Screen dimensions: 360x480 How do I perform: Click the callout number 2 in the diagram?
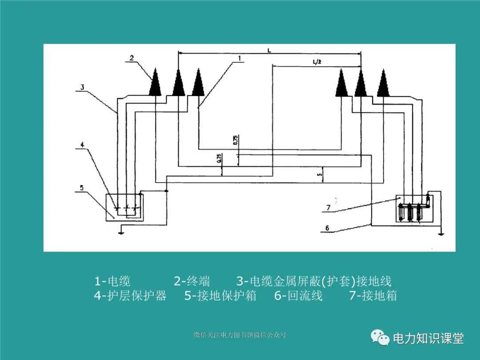pyautogui.click(x=132, y=58)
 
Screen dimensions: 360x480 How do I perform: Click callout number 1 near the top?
pyautogui.click(x=239, y=58)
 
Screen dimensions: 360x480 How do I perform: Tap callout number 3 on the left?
pyautogui.click(x=83, y=88)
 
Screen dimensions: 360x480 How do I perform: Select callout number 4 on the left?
pyautogui.click(x=83, y=144)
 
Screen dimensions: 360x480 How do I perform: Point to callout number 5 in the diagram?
pyautogui.click(x=82, y=188)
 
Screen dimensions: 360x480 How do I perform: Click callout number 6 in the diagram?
pyautogui.click(x=327, y=228)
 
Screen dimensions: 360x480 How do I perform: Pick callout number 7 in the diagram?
pyautogui.click(x=328, y=207)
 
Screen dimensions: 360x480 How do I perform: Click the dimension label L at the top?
pyautogui.click(x=269, y=51)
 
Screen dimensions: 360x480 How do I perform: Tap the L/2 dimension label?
pyautogui.click(x=317, y=63)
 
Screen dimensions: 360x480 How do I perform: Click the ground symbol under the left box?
pyautogui.click(x=121, y=230)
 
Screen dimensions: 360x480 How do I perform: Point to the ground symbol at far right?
pyautogui.click(x=440, y=232)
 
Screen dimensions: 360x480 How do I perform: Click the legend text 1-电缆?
pyautogui.click(x=112, y=281)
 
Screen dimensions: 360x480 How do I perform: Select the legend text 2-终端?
pyautogui.click(x=192, y=281)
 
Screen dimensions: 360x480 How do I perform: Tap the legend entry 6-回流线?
pyautogui.click(x=298, y=296)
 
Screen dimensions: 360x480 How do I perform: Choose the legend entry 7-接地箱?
pyautogui.click(x=373, y=296)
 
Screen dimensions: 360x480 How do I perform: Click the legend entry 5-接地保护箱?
pyautogui.click(x=220, y=296)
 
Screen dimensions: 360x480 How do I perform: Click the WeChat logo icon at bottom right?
pyautogui.click(x=380, y=338)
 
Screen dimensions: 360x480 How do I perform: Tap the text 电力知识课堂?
pyautogui.click(x=428, y=339)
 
